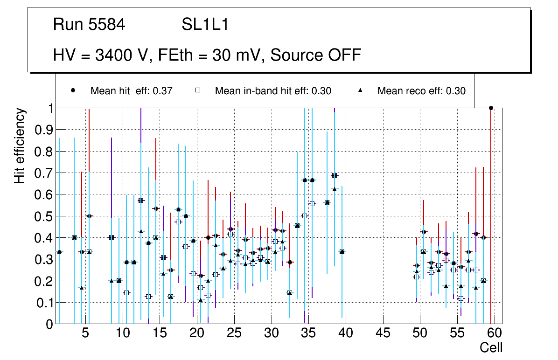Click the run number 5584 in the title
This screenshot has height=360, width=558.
[106, 25]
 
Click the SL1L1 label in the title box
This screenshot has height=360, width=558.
[205, 25]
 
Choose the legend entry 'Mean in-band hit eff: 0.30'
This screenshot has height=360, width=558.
[273, 91]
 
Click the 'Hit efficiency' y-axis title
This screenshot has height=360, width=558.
[20, 145]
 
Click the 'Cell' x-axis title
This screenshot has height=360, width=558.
[491, 347]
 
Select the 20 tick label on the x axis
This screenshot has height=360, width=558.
[196, 333]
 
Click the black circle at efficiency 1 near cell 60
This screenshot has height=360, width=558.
[491, 108]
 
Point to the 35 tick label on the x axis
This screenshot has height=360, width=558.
[308, 333]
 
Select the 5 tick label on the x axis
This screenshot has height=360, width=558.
[85, 333]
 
